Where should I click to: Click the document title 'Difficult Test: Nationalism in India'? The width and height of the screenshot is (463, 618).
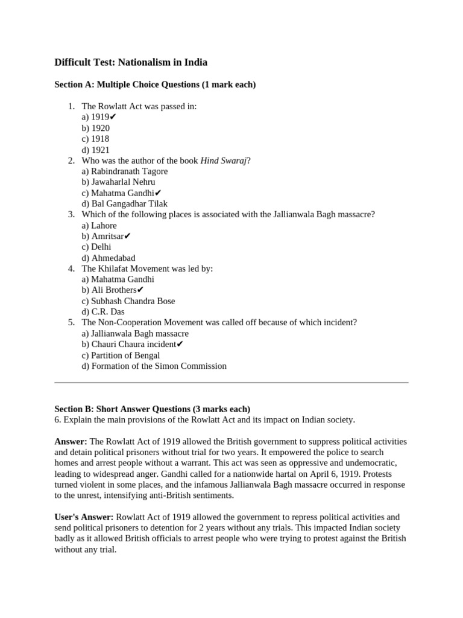click(131, 62)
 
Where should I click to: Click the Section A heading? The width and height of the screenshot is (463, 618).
click(155, 84)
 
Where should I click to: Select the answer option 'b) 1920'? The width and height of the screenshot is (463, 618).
click(96, 128)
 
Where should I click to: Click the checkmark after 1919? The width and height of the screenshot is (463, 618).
click(113, 117)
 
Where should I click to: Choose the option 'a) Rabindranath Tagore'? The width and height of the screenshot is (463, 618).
click(125, 171)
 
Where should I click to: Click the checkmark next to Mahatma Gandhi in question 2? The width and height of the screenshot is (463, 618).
click(159, 193)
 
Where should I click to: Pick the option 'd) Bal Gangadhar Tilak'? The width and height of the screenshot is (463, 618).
click(125, 204)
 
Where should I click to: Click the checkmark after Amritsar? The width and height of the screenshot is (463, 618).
click(127, 236)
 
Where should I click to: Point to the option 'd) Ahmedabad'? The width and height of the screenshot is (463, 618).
click(109, 258)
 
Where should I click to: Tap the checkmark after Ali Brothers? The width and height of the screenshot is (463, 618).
click(140, 290)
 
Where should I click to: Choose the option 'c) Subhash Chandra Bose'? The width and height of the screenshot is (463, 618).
click(128, 301)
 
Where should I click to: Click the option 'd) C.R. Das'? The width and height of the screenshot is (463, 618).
click(103, 312)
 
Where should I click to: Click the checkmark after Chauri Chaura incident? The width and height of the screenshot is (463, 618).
click(180, 344)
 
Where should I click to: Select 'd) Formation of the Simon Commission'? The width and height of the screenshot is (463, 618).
click(154, 366)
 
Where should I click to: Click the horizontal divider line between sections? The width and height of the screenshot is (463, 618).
click(231, 382)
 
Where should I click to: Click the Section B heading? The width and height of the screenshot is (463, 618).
click(152, 409)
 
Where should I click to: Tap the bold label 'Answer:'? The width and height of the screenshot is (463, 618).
click(71, 441)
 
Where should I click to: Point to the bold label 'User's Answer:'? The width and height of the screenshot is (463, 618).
click(84, 517)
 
